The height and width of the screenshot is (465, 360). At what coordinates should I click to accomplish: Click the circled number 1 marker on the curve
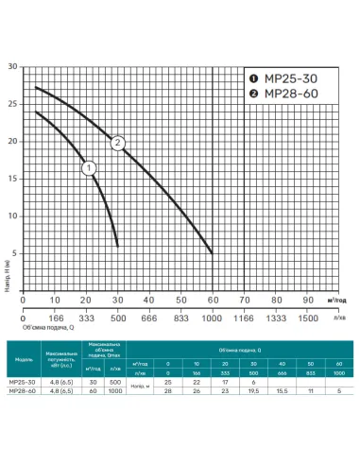tap(89, 168)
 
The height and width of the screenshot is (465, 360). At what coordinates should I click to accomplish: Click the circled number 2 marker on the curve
tap(119, 144)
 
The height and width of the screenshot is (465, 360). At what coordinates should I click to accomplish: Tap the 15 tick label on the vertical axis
tap(11, 179)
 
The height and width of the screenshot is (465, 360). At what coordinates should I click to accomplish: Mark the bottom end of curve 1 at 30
tap(118, 245)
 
